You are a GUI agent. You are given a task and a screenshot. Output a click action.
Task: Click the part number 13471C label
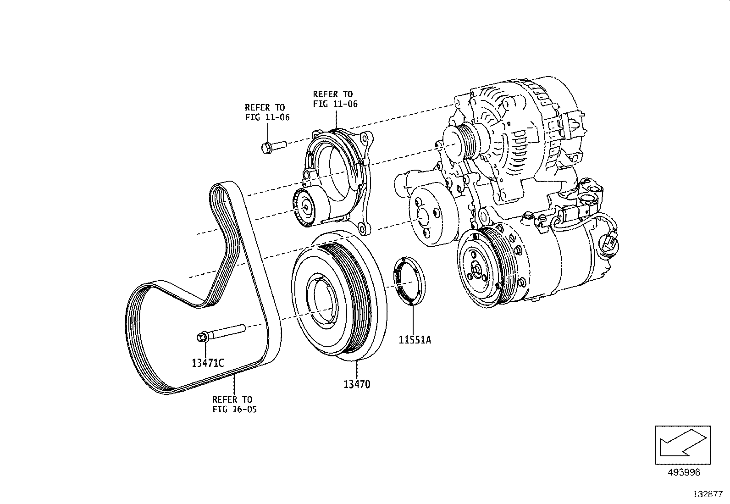tap(208, 363)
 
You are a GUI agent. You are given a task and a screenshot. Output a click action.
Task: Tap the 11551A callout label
tap(415, 340)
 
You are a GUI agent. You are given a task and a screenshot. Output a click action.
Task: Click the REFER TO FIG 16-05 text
tap(234, 404)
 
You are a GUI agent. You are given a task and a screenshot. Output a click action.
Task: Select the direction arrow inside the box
tap(682, 445)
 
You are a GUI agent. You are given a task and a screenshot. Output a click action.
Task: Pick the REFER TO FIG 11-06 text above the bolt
tap(267, 112)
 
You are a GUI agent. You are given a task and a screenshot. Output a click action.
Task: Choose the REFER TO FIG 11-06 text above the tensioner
tap(335, 99)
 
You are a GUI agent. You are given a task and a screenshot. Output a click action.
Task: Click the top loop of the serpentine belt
tap(225, 188)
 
